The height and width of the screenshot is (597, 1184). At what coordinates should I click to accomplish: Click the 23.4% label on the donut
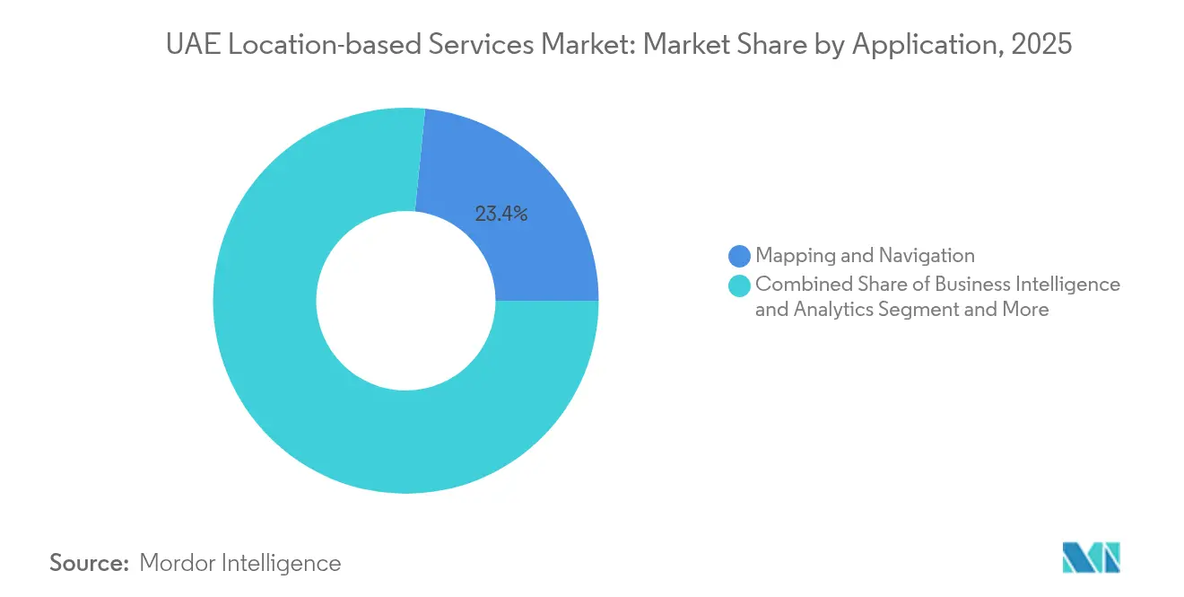tap(501, 214)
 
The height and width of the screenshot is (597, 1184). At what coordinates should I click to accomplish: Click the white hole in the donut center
tap(405, 301)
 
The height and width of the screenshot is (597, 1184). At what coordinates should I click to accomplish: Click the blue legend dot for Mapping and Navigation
tap(740, 257)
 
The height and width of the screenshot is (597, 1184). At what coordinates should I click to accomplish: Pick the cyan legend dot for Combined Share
tap(740, 285)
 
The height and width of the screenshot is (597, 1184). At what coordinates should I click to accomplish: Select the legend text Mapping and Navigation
tap(865, 256)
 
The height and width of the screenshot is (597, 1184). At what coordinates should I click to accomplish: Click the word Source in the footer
tap(89, 563)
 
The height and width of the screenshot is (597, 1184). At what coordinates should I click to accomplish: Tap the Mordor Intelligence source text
tap(240, 563)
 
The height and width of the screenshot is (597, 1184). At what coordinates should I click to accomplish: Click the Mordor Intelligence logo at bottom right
tap(1091, 557)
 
